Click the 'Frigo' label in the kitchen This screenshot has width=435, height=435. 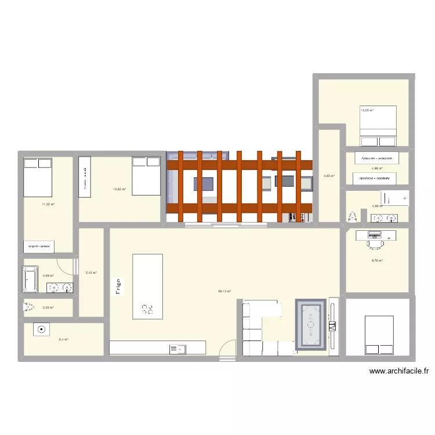(x=118, y=288)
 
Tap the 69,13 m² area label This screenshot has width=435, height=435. (x=224, y=292)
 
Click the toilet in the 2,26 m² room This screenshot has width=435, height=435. (x=27, y=307)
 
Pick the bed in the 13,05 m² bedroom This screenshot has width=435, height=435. (x=378, y=126)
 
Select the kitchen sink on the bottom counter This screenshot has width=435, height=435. (x=177, y=349)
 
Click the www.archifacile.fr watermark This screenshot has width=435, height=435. (x=398, y=372)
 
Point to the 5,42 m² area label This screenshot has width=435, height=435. (x=91, y=273)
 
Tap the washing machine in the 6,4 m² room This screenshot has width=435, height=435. (x=41, y=329)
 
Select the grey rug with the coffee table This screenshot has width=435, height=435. (x=311, y=325)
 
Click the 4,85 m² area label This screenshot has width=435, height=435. (x=328, y=175)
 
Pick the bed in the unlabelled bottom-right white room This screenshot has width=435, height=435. (x=379, y=335)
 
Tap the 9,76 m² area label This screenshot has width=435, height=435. (x=377, y=260)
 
